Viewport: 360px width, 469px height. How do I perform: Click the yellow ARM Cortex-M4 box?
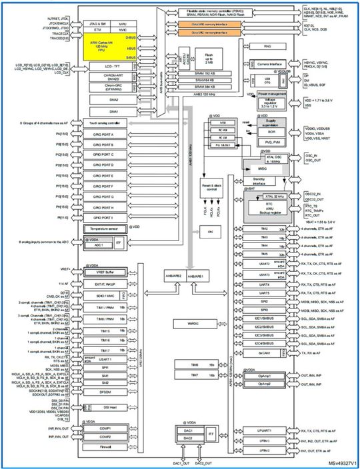108,48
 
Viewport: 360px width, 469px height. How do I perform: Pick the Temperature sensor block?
108,229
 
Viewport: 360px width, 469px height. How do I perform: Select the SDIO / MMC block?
105,295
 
